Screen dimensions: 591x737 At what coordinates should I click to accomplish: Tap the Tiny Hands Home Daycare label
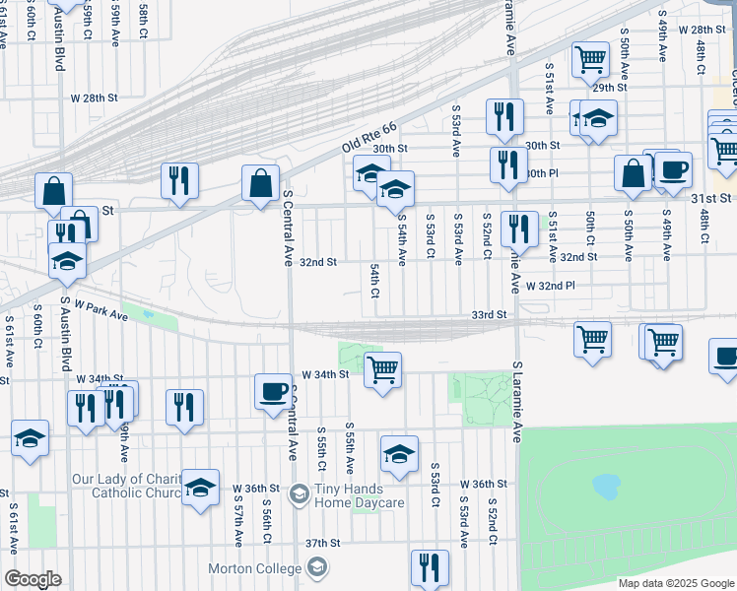pos(360,495)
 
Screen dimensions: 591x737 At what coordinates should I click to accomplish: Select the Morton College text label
pos(254,568)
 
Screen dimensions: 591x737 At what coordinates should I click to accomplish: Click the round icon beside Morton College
pos(317,567)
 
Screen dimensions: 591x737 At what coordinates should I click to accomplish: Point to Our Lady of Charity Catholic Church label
pos(125,486)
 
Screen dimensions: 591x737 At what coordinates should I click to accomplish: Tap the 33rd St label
pos(488,314)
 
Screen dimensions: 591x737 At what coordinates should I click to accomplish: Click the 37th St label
pos(322,543)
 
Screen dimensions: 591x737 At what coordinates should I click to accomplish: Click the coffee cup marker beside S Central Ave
pos(274,391)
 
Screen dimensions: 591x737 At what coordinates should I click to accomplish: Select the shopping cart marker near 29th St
pos(590,58)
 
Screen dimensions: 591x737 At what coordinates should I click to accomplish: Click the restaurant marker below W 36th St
pos(430,565)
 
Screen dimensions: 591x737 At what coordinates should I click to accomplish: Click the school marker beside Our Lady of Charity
pos(200,487)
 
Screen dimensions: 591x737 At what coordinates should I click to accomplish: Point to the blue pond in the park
pos(605,486)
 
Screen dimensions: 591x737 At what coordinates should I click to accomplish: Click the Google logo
pos(33,579)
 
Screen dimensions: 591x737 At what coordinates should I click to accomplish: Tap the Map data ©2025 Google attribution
pos(675,583)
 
